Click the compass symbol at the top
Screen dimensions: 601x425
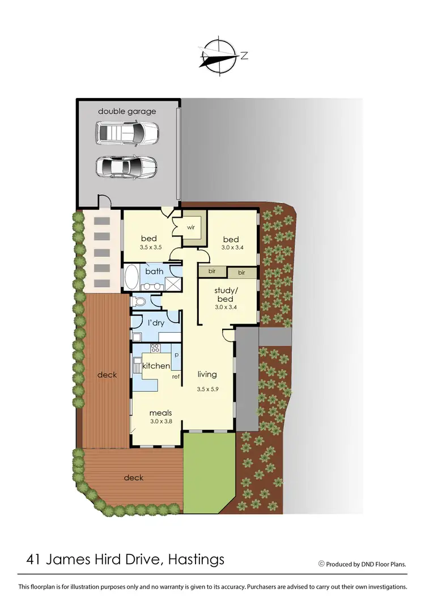point(219,56)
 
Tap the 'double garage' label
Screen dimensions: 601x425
point(127,111)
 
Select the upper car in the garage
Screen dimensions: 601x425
point(127,134)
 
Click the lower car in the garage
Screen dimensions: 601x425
point(126,167)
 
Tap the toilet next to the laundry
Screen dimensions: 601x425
point(138,301)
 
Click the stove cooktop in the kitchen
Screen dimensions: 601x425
point(155,348)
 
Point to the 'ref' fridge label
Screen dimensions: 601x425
point(176,376)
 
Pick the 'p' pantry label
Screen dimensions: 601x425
point(177,354)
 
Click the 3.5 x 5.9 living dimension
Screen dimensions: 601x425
point(207,389)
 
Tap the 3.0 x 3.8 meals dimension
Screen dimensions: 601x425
point(161,421)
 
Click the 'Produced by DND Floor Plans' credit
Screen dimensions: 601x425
point(363,564)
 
